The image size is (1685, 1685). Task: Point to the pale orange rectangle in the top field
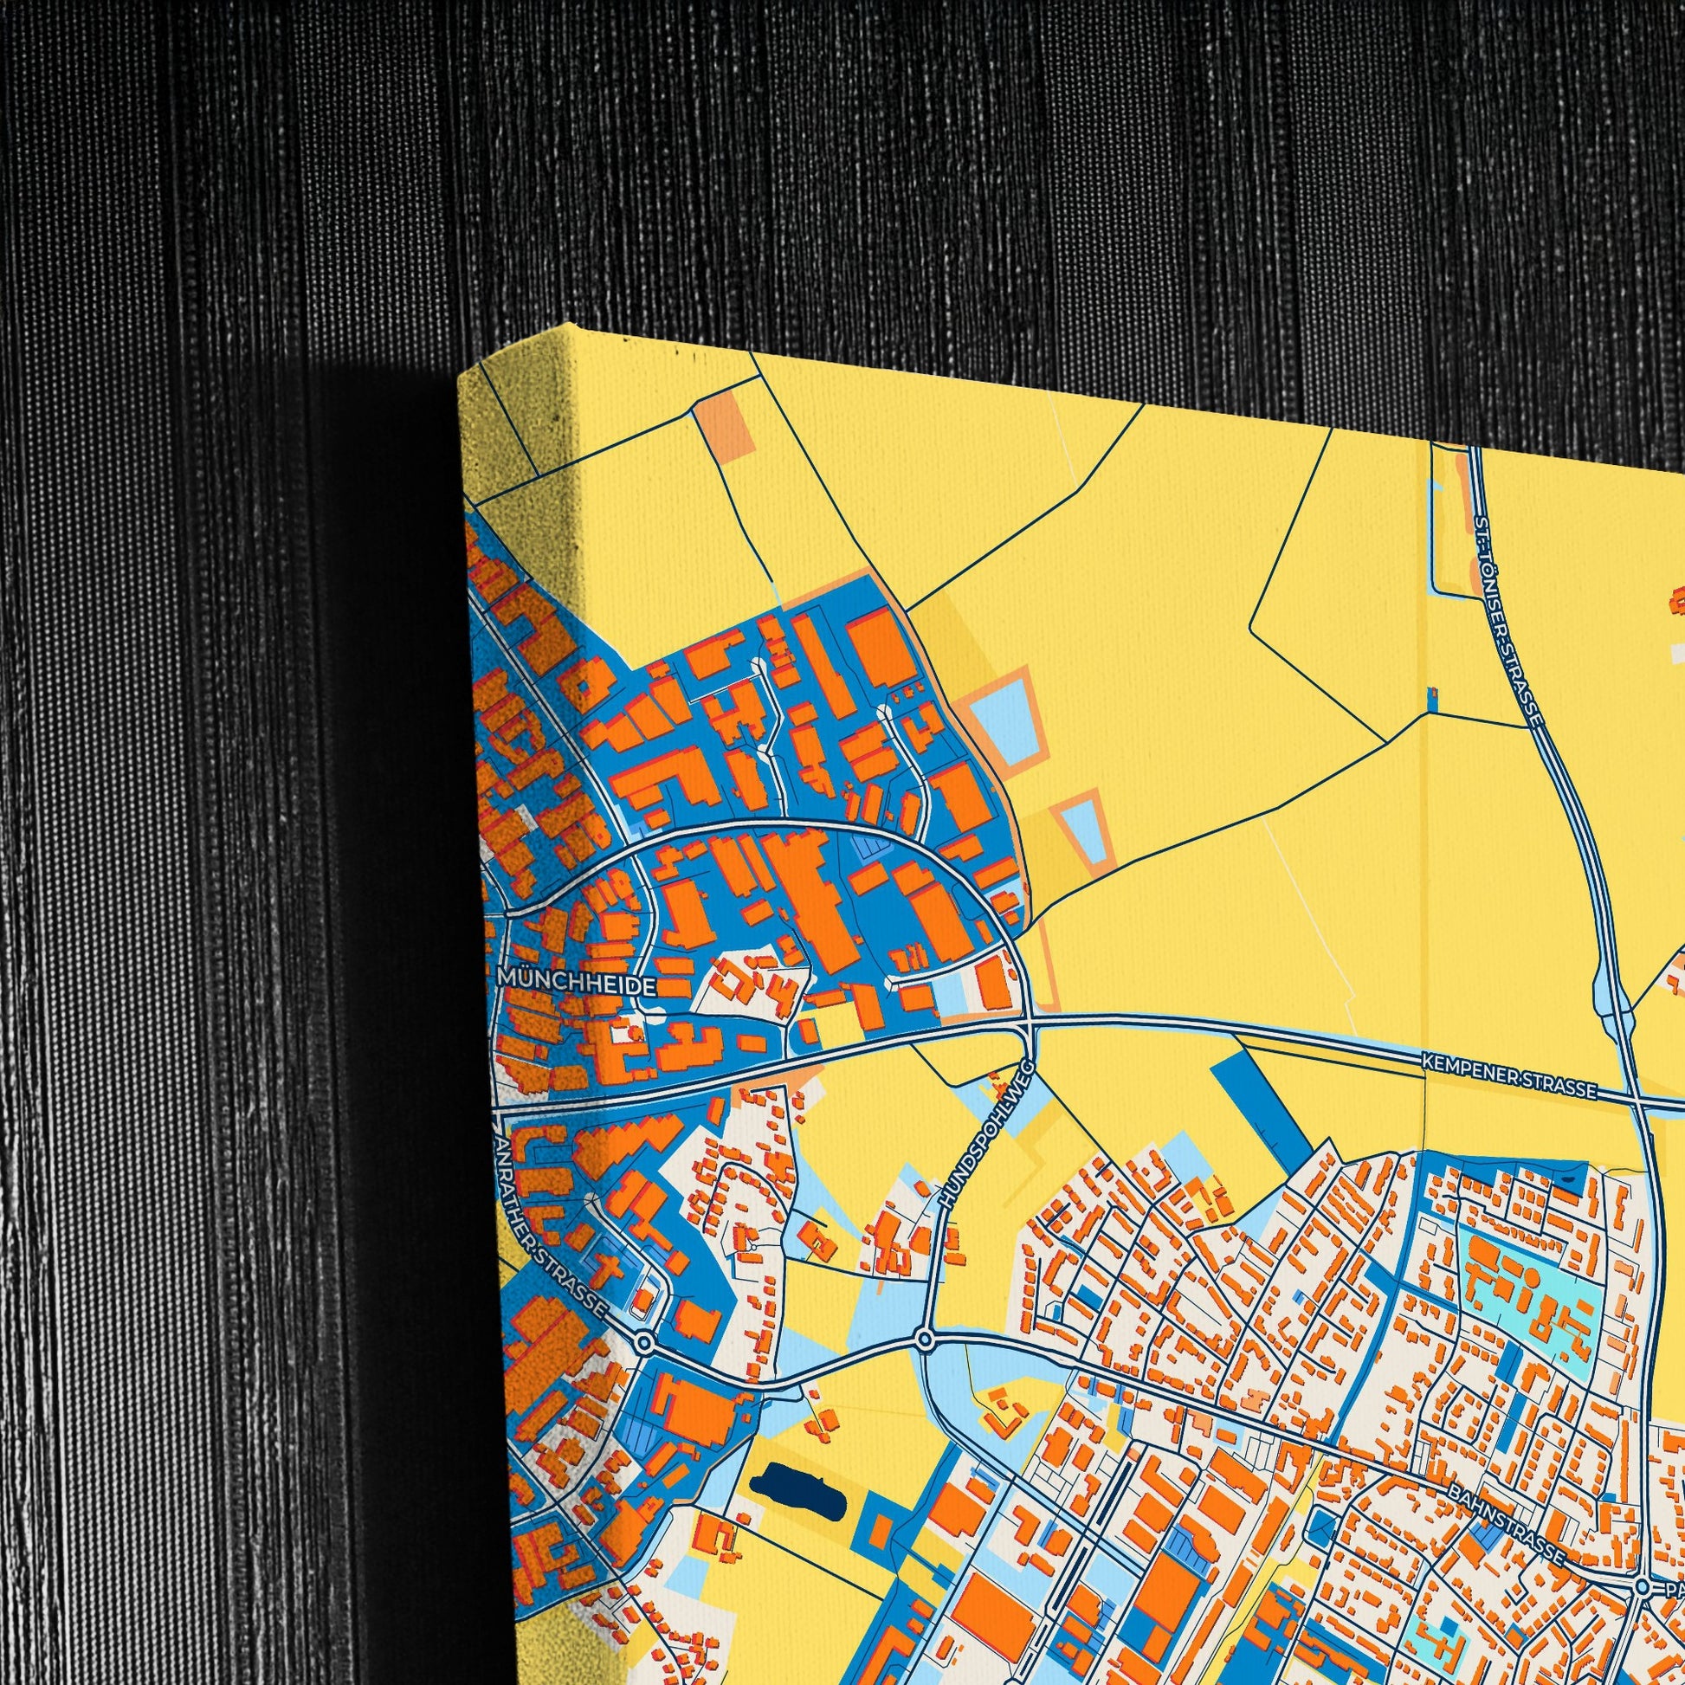point(722,428)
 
